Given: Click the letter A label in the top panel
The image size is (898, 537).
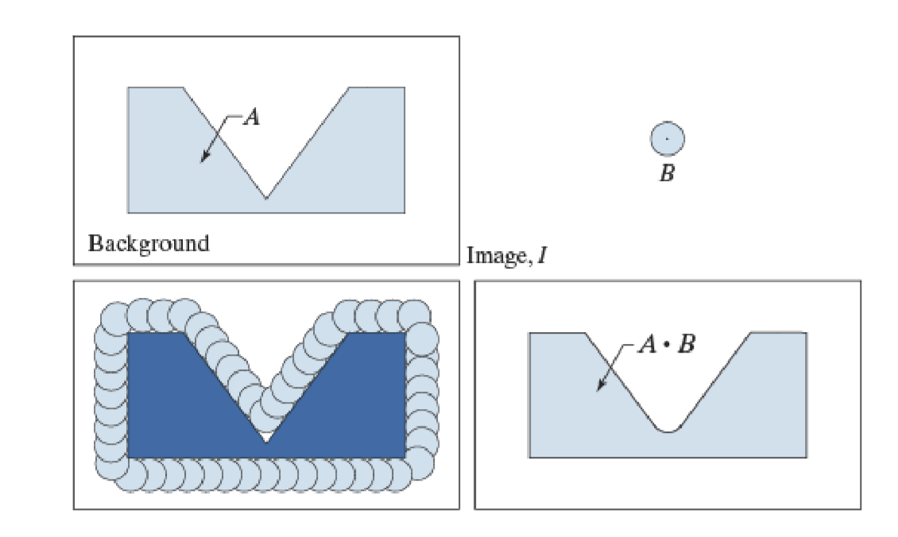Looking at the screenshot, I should pyautogui.click(x=251, y=118).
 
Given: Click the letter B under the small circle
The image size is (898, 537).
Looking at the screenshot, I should pyautogui.click(x=668, y=174).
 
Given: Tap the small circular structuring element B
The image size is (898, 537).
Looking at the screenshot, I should pyautogui.click(x=668, y=139).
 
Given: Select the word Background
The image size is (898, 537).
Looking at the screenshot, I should pyautogui.click(x=149, y=242).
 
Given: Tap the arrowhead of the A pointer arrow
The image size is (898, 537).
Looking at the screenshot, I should pyautogui.click(x=203, y=160).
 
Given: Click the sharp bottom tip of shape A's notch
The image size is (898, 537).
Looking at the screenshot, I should pyautogui.click(x=266, y=198).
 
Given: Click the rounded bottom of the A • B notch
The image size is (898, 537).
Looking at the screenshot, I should pyautogui.click(x=668, y=431).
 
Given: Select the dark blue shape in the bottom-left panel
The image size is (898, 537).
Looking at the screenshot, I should pyautogui.click(x=175, y=405).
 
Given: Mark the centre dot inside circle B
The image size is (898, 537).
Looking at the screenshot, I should pyautogui.click(x=668, y=139).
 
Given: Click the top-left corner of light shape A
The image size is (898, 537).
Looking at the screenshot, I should pyautogui.click(x=129, y=88).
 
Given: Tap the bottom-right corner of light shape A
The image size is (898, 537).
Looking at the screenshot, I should pyautogui.click(x=404, y=212).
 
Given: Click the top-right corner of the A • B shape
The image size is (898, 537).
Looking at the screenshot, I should pyautogui.click(x=806, y=334).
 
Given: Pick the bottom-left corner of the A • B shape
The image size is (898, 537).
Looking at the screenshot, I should pyautogui.click(x=530, y=457).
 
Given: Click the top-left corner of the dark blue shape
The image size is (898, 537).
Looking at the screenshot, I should pyautogui.click(x=129, y=333).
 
